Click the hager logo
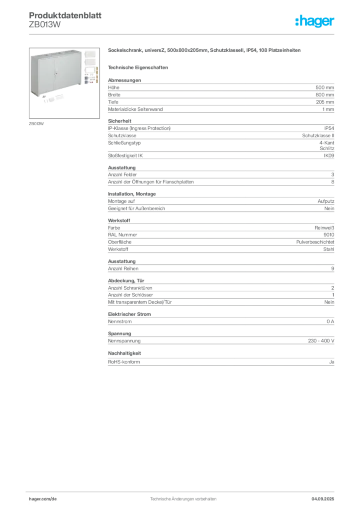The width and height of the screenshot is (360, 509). click(314, 21)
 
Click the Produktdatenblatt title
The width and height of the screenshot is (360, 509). click(65, 15)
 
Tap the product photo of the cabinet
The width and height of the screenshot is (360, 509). click(64, 83)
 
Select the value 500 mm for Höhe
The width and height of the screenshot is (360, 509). click(325, 87)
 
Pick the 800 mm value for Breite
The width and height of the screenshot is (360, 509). click(325, 95)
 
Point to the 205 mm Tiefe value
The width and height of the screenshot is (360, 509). click(325, 102)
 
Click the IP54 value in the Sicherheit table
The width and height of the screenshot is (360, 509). click(329, 128)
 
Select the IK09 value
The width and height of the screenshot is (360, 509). click(329, 156)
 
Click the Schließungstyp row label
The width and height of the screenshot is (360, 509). click(124, 143)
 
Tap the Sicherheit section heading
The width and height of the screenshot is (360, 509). click(119, 121)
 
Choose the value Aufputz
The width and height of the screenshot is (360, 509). click(326, 201)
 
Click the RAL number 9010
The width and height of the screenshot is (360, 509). click(329, 235)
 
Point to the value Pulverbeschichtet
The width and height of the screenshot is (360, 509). click(315, 242)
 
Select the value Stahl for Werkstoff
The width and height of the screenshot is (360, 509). click(329, 250)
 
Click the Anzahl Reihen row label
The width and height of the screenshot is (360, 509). click(123, 268)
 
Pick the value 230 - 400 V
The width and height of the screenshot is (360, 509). click(321, 341)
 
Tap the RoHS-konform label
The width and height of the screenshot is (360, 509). click(124, 362)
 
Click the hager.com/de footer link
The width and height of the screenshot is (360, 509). click(43, 499)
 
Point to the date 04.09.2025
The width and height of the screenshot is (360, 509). click(323, 499)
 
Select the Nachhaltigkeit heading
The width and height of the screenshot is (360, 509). click(124, 353)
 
